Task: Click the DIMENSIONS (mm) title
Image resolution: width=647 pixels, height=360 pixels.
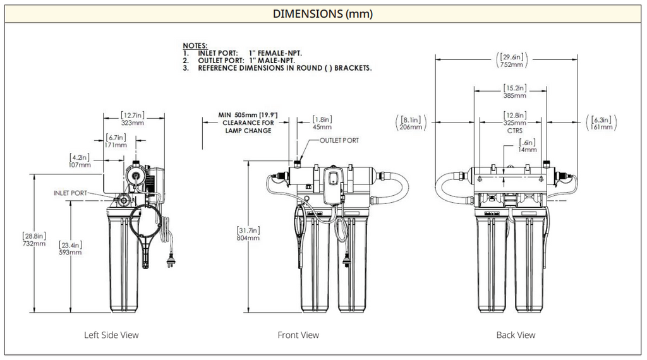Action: (x=323, y=13)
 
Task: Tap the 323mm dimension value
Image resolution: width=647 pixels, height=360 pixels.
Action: (x=133, y=123)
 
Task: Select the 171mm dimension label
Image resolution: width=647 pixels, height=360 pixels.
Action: (x=116, y=145)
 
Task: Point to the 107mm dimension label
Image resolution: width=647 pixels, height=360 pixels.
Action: (x=80, y=164)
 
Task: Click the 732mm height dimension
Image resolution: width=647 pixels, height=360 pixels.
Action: (x=33, y=243)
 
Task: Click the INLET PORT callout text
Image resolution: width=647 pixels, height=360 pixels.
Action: (x=70, y=193)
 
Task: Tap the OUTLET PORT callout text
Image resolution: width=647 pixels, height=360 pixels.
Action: (x=339, y=140)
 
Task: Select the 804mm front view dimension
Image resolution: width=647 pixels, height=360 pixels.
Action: (x=248, y=238)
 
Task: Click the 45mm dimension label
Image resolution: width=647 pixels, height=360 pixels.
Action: (x=322, y=126)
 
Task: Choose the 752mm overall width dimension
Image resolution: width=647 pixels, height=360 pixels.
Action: (x=512, y=64)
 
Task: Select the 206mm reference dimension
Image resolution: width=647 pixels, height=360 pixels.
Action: (x=410, y=127)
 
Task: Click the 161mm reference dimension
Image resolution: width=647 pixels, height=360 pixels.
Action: (x=602, y=127)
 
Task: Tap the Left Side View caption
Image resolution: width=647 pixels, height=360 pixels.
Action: (x=111, y=335)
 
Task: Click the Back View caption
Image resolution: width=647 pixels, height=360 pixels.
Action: (x=516, y=335)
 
